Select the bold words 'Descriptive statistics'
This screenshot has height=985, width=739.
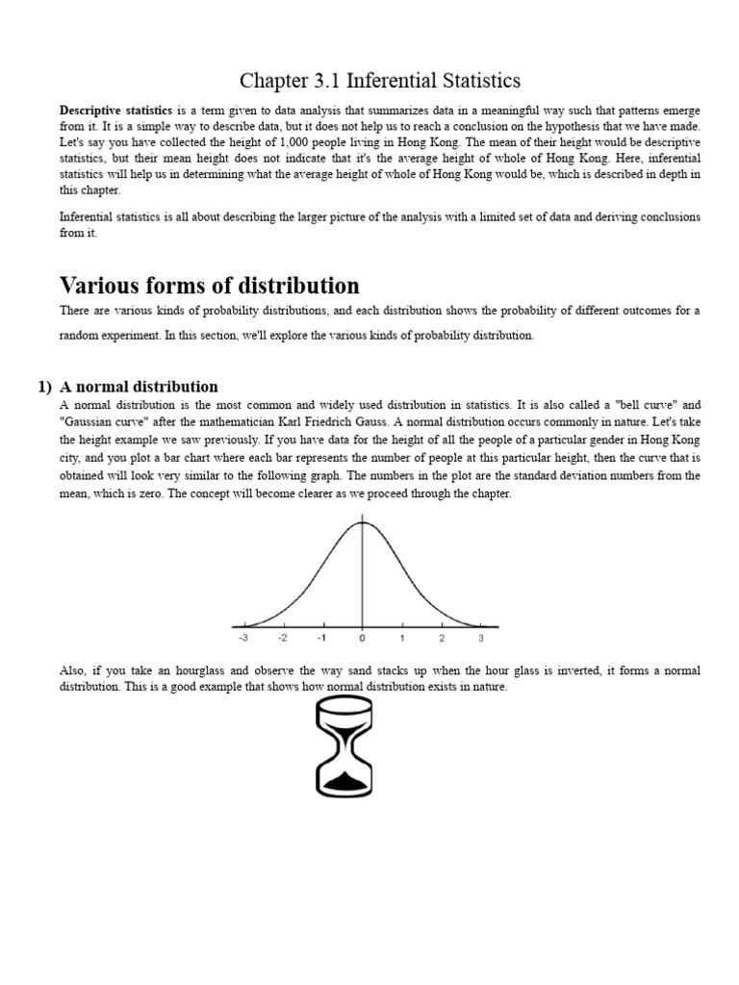click(x=115, y=111)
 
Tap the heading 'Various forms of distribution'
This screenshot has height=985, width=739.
click(x=209, y=285)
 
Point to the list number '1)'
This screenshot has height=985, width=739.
click(x=44, y=387)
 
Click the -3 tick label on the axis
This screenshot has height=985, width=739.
click(x=242, y=638)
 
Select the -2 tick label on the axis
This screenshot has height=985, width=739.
click(x=282, y=638)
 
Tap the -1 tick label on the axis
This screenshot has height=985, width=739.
click(x=321, y=638)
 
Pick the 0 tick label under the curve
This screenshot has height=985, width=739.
click(x=362, y=638)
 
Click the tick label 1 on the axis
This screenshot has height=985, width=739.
click(x=402, y=638)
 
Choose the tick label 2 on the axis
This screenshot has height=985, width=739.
click(x=442, y=638)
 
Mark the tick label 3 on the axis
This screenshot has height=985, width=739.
click(x=481, y=638)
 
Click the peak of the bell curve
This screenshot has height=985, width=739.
click(x=362, y=523)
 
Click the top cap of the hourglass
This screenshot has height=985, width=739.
click(x=344, y=703)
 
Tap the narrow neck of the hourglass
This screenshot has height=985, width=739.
click(x=344, y=747)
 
